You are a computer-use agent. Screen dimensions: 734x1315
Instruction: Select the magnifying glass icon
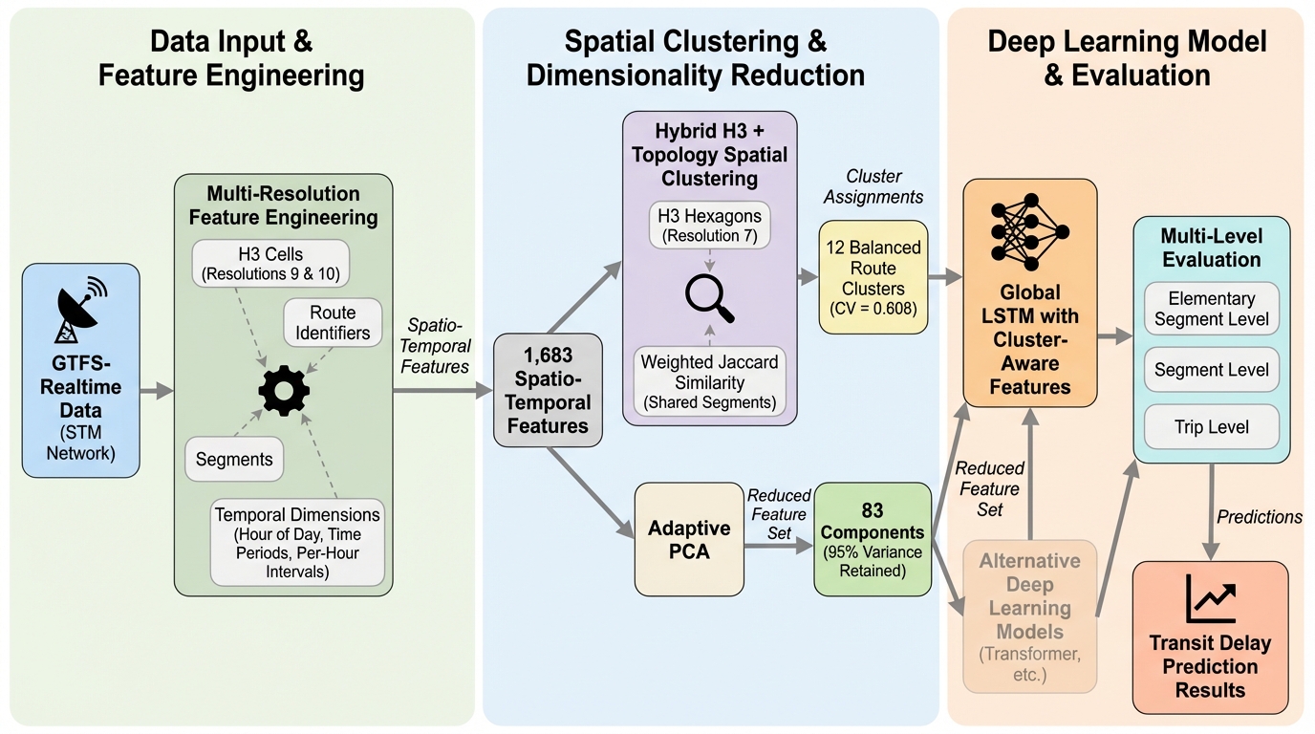[x=710, y=298]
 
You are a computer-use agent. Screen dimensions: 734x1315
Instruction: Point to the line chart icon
[x=1210, y=598]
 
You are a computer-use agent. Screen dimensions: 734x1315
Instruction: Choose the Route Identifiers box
[x=326, y=323]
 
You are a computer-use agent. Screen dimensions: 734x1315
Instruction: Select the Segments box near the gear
[x=234, y=459]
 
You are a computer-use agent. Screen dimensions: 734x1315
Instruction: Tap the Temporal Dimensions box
[x=296, y=541]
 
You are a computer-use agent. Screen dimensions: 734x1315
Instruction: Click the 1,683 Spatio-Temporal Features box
[x=547, y=390]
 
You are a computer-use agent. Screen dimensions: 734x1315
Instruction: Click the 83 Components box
[x=872, y=540]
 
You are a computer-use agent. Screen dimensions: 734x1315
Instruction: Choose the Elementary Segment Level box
[x=1211, y=308]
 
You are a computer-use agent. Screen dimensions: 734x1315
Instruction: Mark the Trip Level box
[x=1211, y=427]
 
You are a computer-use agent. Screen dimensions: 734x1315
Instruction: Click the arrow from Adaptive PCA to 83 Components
[x=777, y=546]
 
